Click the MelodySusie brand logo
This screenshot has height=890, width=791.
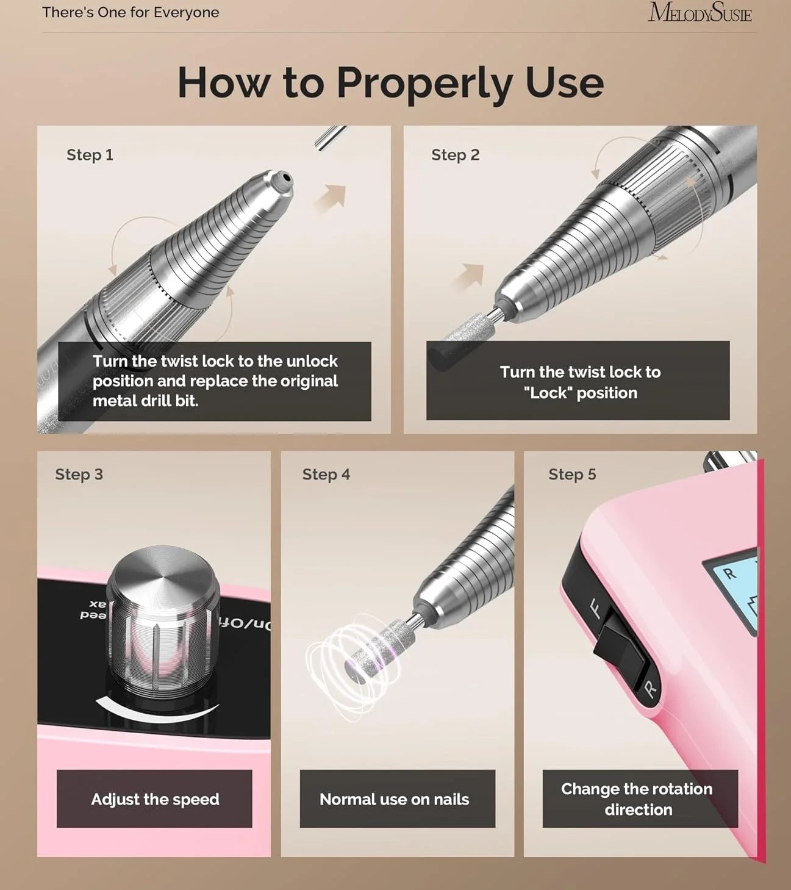click(700, 13)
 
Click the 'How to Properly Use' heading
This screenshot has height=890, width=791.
click(390, 84)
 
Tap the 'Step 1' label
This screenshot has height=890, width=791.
click(90, 155)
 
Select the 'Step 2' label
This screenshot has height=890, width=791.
click(455, 155)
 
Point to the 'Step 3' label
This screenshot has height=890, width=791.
click(79, 475)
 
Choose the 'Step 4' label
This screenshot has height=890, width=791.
click(326, 475)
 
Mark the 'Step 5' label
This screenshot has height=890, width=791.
click(572, 475)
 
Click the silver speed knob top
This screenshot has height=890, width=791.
click(163, 573)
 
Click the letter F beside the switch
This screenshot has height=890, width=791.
click(595, 609)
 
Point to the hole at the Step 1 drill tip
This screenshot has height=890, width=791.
click(287, 178)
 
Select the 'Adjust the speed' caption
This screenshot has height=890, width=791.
click(155, 799)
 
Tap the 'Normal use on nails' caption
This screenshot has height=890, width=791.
click(395, 799)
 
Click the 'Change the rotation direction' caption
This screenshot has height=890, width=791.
click(637, 799)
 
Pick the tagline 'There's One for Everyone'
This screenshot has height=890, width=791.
click(131, 12)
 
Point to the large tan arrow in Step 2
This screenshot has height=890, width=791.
click(468, 278)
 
